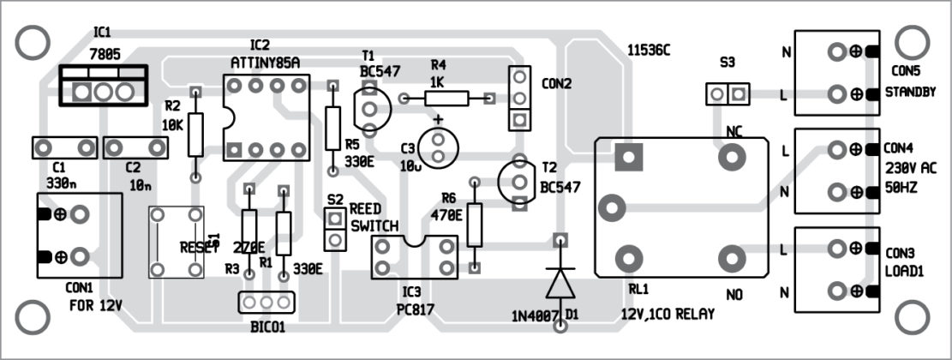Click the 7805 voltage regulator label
point(104,53)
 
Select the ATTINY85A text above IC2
point(265,62)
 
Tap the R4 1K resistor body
point(446,99)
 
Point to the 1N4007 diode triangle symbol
point(560,282)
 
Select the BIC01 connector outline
point(266,303)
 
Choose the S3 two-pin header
point(727,93)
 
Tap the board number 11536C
point(648,51)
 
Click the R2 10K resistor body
point(196,133)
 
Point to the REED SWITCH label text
point(374,218)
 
